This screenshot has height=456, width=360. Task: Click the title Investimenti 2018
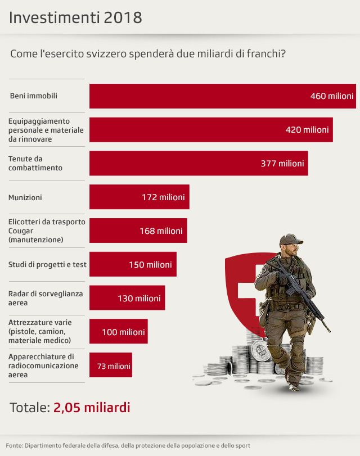75,17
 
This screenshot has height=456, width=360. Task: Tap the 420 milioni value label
307,130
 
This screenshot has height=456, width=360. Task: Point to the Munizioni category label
25,197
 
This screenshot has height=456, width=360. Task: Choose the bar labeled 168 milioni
138,231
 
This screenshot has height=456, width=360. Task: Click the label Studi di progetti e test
47,264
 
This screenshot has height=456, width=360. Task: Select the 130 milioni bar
127,298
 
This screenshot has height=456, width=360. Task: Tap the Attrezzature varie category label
39,332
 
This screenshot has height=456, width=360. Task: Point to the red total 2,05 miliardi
92,408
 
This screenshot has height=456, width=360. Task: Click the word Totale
29,408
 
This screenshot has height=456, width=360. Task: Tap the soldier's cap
290,240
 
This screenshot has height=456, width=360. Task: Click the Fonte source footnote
128,446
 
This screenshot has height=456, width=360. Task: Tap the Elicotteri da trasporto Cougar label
47,231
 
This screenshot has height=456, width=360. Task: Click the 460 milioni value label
332,96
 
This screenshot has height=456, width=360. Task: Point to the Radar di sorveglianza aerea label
45,298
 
